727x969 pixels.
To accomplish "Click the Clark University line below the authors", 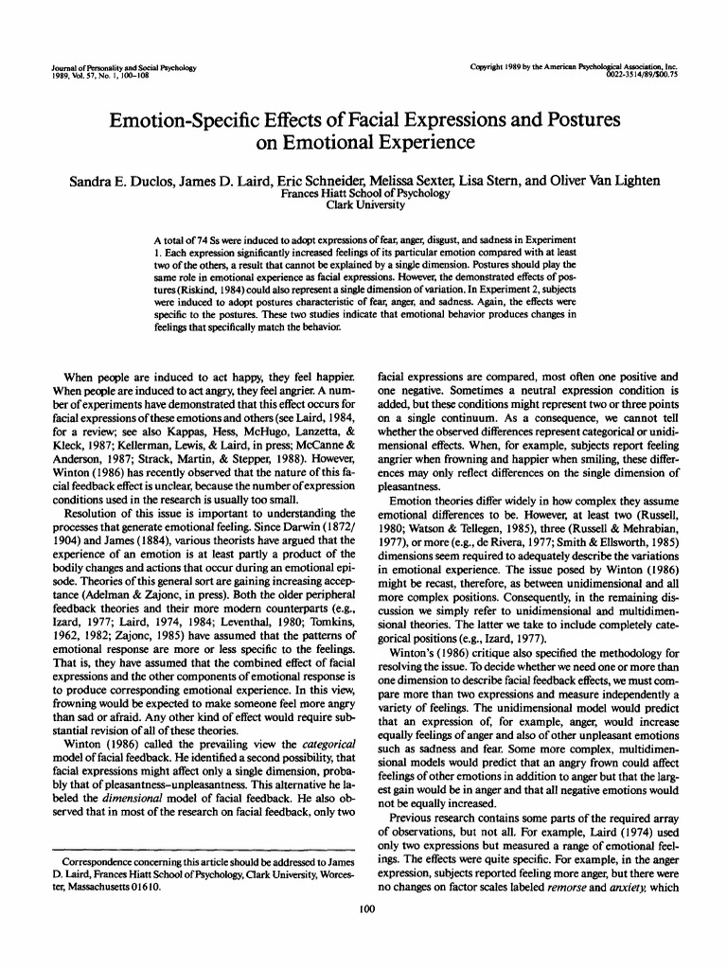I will pos(363,205).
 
